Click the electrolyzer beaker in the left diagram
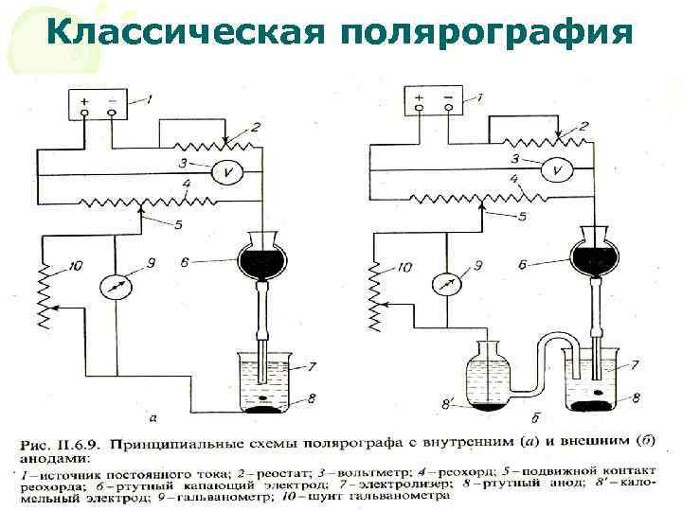tap(262, 383)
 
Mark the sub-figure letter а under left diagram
tap(153, 416)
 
